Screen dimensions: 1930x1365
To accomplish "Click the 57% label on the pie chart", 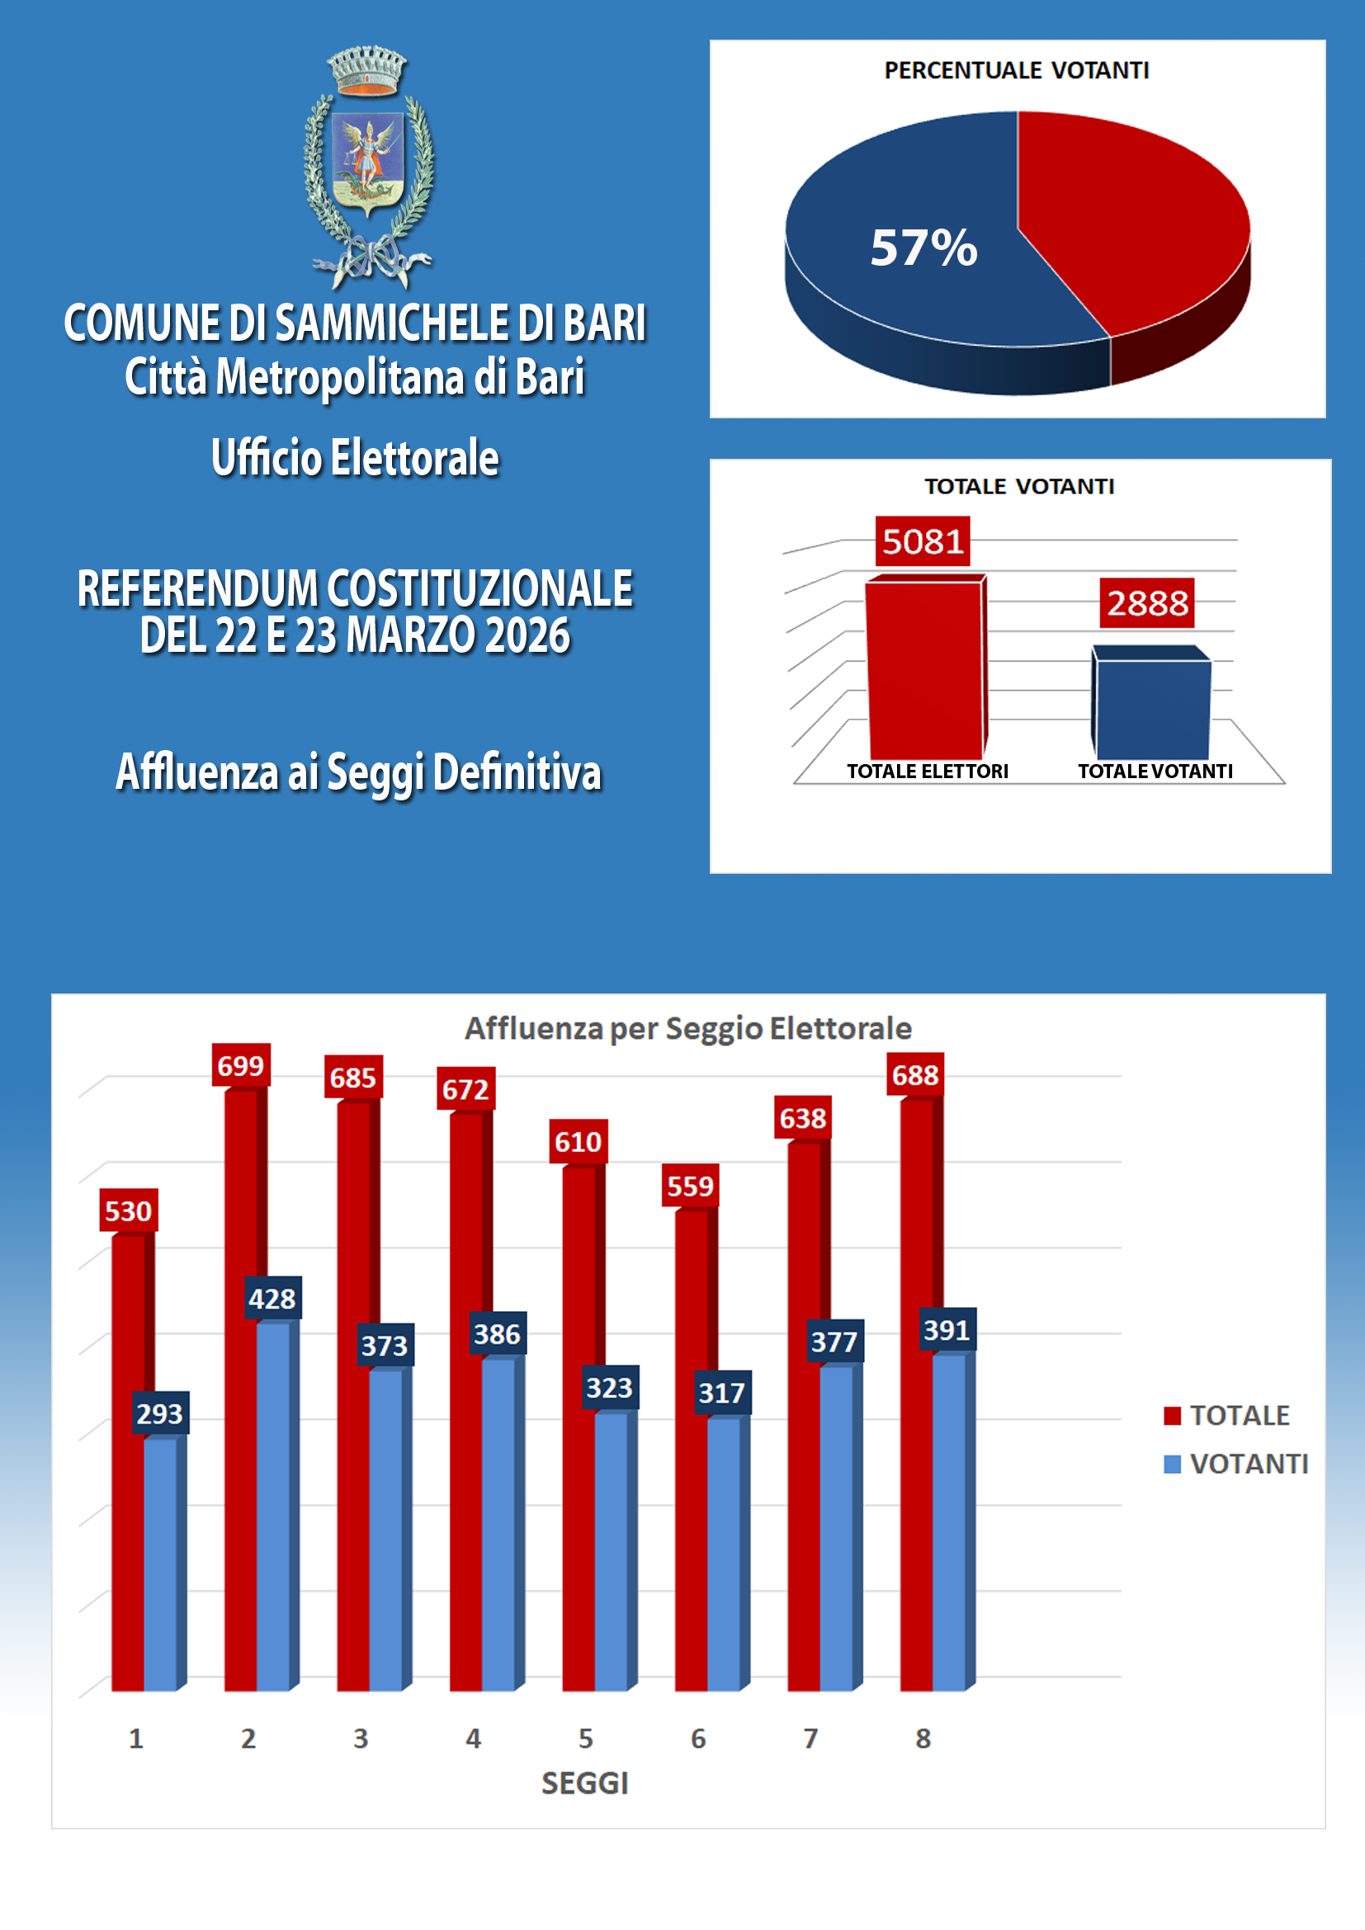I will coord(923,248).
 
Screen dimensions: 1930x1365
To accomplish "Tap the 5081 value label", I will coord(922,541).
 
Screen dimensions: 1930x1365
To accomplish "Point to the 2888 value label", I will coord(1146,602).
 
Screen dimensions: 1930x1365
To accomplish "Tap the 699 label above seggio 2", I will coord(240,1066).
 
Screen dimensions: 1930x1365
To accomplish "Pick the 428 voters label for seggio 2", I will coord(272,1299).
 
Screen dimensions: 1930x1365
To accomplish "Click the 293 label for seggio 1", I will coord(160,1414).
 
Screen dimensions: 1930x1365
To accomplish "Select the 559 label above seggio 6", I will coord(690,1186).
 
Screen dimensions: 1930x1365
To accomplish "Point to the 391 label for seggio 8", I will coord(947,1330).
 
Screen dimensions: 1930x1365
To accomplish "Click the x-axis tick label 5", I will coord(586,1739).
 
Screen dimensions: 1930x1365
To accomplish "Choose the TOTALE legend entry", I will coord(1239,1416).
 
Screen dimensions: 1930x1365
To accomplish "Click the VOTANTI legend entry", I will coord(1248,1465).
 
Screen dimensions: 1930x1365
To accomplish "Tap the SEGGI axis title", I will coord(585,1783).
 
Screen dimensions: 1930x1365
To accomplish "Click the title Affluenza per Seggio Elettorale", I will coord(688,1028).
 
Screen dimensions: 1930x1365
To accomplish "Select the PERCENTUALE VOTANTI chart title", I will coord(1016,71).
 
